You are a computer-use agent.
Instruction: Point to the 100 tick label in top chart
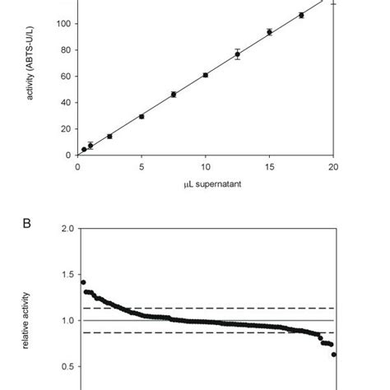pyautogui.click(x=62, y=23)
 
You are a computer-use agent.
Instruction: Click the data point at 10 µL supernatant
pyautogui.click(x=205, y=75)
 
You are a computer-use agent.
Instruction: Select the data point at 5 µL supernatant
pyautogui.click(x=142, y=116)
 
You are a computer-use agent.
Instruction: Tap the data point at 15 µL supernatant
pyautogui.click(x=269, y=32)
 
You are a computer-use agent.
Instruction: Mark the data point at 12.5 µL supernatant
pyautogui.click(x=237, y=54)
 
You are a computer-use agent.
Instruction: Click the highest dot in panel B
pyautogui.click(x=83, y=282)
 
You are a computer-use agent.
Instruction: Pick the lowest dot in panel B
pyautogui.click(x=334, y=355)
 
